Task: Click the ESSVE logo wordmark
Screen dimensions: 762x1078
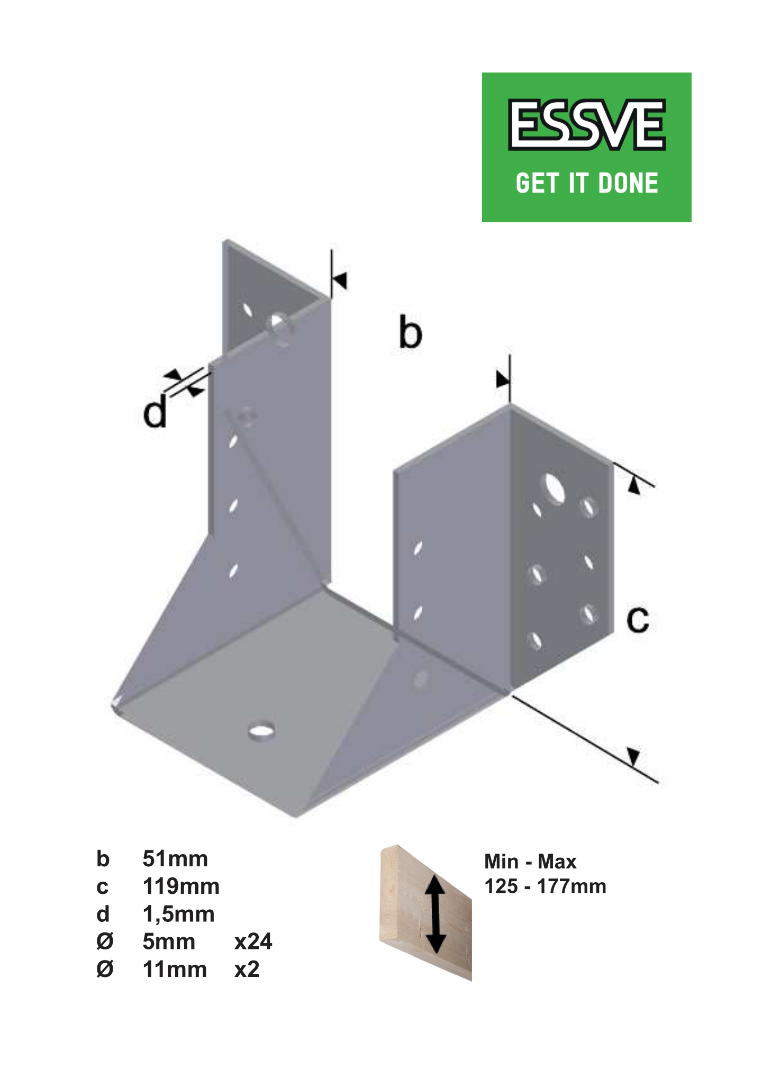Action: (586, 125)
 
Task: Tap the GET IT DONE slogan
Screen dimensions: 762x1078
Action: (587, 183)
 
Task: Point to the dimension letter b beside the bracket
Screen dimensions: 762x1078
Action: (411, 332)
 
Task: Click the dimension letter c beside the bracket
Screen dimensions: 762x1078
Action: (638, 619)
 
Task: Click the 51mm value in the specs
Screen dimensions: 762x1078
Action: (175, 859)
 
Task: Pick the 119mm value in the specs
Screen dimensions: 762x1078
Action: (181, 887)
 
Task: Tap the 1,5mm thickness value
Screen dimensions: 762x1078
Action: (178, 914)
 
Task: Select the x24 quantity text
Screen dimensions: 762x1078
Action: (253, 942)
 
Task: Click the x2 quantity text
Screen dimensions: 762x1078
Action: (247, 970)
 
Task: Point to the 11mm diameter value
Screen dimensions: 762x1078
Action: (175, 970)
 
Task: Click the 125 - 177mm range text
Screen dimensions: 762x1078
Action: (545, 886)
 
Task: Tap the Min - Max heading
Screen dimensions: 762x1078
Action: (530, 862)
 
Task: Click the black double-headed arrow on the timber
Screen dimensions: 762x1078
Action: (436, 914)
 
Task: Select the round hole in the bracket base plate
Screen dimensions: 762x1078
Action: (261, 730)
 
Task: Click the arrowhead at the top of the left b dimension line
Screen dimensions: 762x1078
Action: (340, 280)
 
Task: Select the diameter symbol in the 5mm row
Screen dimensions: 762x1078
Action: (105, 942)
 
